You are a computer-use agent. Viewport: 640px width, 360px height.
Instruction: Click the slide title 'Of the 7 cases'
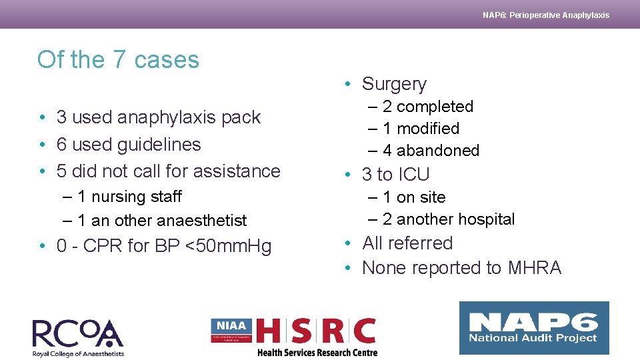tap(118, 60)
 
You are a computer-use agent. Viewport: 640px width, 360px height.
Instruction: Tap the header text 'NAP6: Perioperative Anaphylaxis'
tap(545, 15)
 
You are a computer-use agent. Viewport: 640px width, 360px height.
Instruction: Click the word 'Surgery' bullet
tap(394, 84)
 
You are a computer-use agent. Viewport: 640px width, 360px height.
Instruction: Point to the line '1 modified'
tap(421, 128)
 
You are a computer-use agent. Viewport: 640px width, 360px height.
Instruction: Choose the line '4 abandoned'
tap(431, 151)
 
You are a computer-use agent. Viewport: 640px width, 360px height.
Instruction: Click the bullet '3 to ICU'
tap(395, 175)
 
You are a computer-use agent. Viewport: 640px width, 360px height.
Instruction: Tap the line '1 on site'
tap(413, 197)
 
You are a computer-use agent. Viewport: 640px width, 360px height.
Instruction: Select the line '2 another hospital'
tap(448, 219)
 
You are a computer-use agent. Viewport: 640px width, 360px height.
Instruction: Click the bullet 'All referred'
tap(407, 243)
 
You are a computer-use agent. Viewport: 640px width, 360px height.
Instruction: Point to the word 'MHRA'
tap(534, 268)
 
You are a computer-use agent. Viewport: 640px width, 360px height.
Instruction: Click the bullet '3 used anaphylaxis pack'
tap(158, 117)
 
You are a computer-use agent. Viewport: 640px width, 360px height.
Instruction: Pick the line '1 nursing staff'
tap(129, 197)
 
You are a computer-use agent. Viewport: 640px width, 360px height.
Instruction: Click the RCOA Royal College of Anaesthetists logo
tap(78, 337)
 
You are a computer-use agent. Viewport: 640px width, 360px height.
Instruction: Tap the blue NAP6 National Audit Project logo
tap(534, 328)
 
